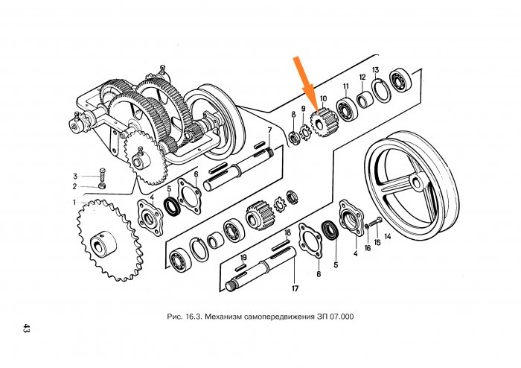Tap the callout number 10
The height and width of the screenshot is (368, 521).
(323, 98)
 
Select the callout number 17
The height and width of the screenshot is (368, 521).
(295, 288)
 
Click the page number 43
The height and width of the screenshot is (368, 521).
(26, 328)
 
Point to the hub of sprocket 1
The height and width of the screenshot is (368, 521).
(103, 244)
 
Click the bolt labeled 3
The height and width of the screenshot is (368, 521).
(102, 175)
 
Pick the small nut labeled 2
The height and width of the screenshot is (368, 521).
(103, 185)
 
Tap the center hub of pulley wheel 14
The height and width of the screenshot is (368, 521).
(416, 181)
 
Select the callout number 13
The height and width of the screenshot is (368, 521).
(375, 70)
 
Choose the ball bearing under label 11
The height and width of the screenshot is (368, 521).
(347, 108)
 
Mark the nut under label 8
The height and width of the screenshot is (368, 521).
(294, 138)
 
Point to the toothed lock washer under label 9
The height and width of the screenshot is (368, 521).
(305, 132)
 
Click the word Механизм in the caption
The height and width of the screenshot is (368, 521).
(223, 316)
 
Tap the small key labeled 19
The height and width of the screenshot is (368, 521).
(240, 267)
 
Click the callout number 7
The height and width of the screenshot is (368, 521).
(269, 129)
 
